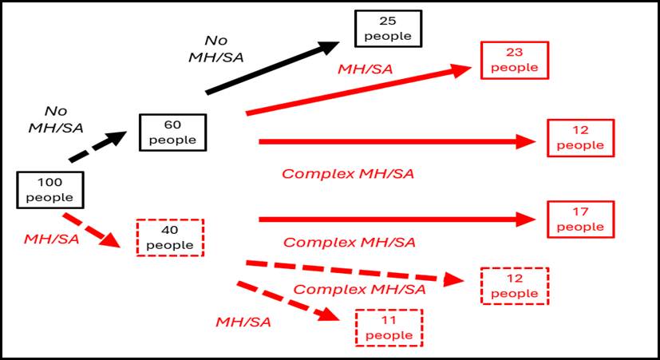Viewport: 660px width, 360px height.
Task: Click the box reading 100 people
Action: pyautogui.click(x=50, y=190)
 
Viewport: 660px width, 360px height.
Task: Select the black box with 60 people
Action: pyautogui.click(x=172, y=133)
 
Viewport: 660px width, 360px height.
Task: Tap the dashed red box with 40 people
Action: pyautogui.click(x=170, y=237)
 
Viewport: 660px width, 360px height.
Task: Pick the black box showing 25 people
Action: pyautogui.click(x=388, y=29)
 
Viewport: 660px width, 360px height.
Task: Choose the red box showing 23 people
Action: pyautogui.click(x=514, y=61)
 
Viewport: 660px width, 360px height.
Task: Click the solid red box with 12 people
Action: pyautogui.click(x=580, y=138)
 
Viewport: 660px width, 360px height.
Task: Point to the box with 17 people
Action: pyautogui.click(x=580, y=220)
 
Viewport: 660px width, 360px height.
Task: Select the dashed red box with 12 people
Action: pyautogui.click(x=515, y=286)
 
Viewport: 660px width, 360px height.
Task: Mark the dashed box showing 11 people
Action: pyautogui.click(x=388, y=327)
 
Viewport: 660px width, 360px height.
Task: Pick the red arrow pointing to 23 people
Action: pyautogui.click(x=359, y=90)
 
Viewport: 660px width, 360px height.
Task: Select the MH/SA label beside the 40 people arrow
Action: pyautogui.click(x=52, y=239)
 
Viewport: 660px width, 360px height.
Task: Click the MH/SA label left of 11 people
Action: pyautogui.click(x=243, y=322)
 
